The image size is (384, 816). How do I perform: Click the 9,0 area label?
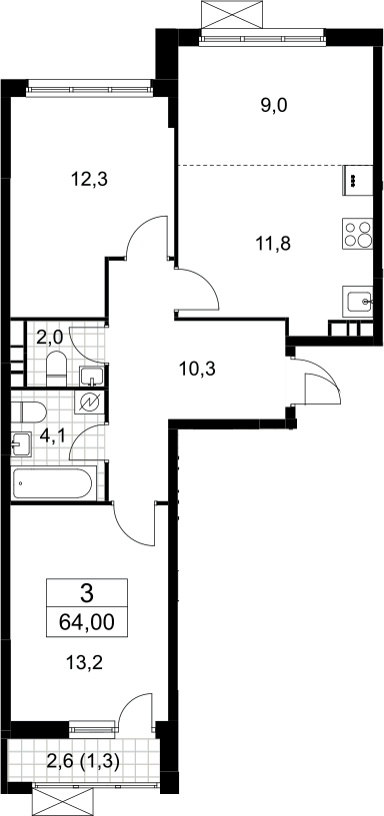tap(274, 106)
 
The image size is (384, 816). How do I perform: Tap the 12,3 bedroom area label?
tap(89, 180)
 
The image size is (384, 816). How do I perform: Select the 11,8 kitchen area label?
tap(273, 243)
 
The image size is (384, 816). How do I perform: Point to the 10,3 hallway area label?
tap(196, 369)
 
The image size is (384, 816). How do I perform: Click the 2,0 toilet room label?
tap(49, 338)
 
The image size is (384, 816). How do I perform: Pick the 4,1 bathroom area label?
tap(52, 437)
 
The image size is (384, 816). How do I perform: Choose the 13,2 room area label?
tap(84, 663)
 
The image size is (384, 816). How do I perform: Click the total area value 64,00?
tap(86, 621)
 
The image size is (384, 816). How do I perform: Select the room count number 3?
tap(87, 592)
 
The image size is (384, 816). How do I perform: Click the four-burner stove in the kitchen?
tap(358, 234)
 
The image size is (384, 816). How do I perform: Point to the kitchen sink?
tap(357, 301)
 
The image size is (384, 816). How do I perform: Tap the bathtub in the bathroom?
tap(53, 483)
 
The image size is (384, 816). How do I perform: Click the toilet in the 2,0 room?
tap(55, 368)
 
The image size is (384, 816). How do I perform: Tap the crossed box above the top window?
tap(230, 14)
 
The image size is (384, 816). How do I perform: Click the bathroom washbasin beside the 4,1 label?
tap(21, 443)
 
